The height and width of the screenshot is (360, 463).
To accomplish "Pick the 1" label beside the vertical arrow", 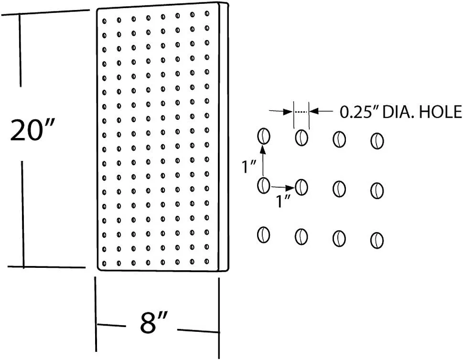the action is pyautogui.click(x=248, y=167).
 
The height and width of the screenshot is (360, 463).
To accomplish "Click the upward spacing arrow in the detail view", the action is pyautogui.click(x=262, y=161).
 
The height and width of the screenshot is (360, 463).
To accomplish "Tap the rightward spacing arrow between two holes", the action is pyautogui.click(x=283, y=187).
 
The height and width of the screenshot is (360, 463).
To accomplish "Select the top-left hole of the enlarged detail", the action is pyautogui.click(x=263, y=137).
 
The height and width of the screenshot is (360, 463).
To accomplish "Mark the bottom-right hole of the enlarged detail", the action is pyautogui.click(x=377, y=240).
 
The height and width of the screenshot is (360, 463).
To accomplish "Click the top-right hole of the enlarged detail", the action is pyautogui.click(x=377, y=141).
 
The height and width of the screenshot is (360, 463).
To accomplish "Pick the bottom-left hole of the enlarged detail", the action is pyautogui.click(x=263, y=235).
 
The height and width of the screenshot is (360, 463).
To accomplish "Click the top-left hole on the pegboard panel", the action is pyautogui.click(x=104, y=21).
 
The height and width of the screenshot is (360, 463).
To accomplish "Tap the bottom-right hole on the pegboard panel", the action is pyautogui.click(x=207, y=261).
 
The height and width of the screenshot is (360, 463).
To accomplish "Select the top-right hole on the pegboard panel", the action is pyautogui.click(x=207, y=13).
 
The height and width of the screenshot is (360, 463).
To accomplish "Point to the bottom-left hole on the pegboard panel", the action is pyautogui.click(x=104, y=264).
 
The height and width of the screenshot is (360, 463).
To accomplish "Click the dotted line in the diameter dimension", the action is pyautogui.click(x=301, y=112).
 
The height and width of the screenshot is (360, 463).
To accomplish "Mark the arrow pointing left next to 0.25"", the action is pyautogui.click(x=321, y=111).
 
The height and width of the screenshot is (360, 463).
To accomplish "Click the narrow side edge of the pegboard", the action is pyautogui.click(x=224, y=137).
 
